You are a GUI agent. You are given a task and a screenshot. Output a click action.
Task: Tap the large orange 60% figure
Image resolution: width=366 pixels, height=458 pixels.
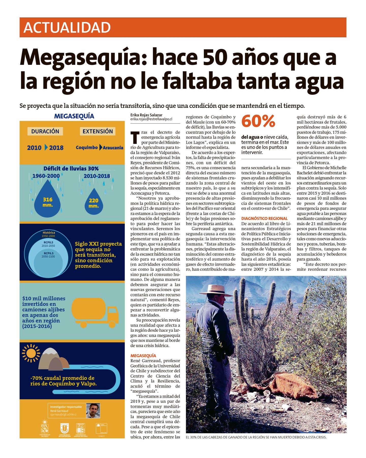coord(258,121)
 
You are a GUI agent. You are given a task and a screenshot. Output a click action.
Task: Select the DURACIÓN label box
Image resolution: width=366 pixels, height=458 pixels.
coord(45,131)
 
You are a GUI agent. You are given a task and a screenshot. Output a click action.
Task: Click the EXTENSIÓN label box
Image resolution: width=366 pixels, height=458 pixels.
coord(98,131)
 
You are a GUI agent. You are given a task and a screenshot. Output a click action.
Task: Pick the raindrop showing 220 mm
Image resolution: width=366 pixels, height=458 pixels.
coord(94,202)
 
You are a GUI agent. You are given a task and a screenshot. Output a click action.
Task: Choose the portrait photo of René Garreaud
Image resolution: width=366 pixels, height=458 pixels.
coord(93,411)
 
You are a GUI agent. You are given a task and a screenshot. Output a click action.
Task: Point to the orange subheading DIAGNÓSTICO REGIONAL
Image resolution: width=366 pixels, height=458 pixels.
coord(264,218)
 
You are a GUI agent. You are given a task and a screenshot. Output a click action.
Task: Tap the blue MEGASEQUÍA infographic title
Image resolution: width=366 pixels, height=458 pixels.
coord(74,116)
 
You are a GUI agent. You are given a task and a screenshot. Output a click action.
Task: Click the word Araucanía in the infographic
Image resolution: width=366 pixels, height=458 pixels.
coord(113,148)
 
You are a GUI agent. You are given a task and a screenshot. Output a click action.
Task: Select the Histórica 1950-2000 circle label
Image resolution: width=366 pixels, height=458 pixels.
coord(49,234)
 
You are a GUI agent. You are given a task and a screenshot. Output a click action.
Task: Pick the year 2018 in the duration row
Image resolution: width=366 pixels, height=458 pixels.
coord(56,148)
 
